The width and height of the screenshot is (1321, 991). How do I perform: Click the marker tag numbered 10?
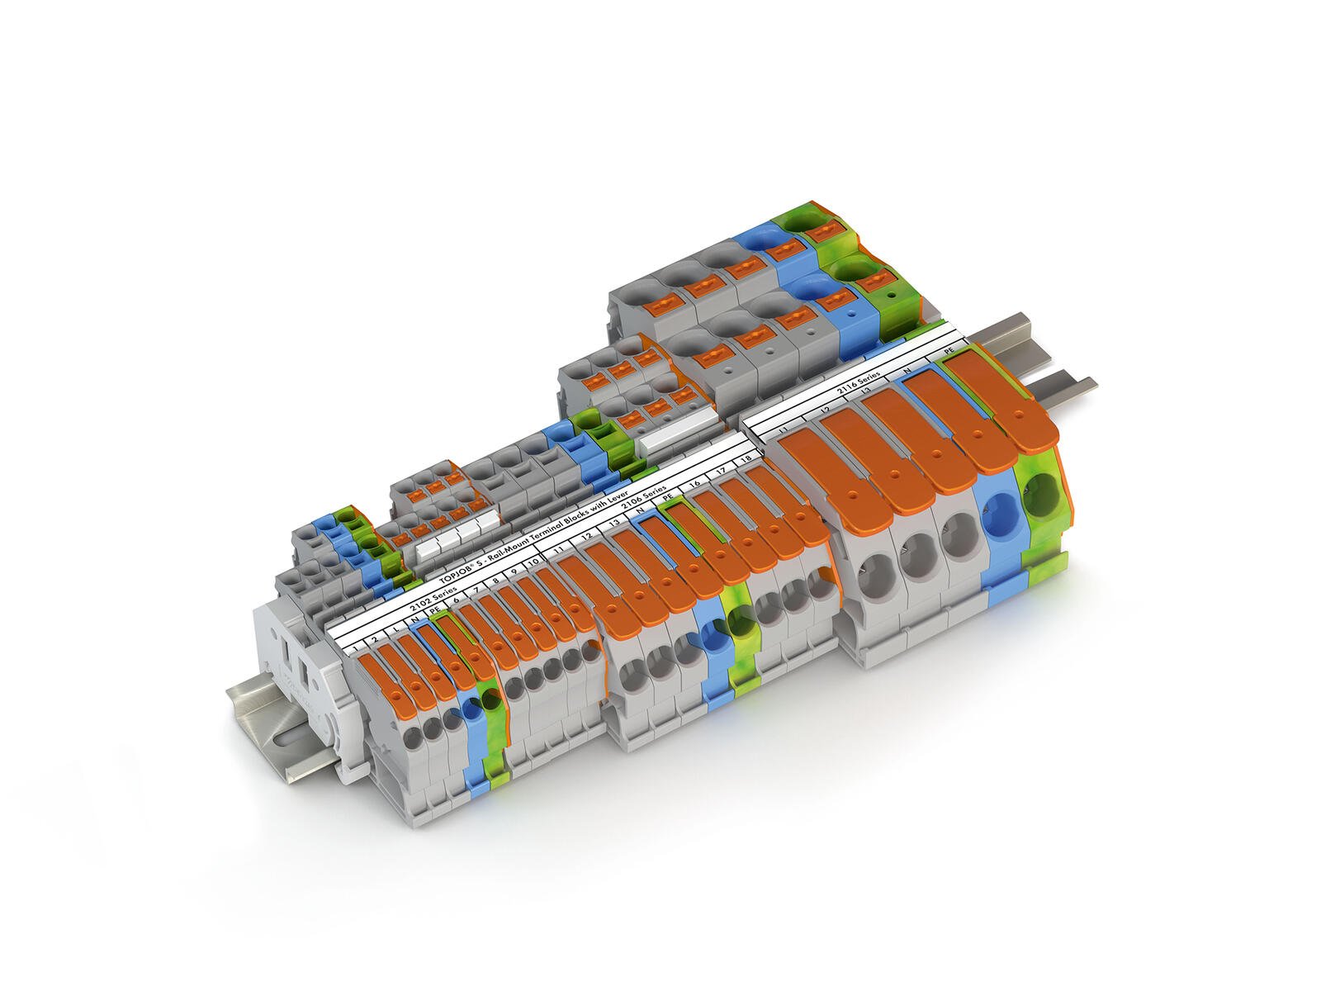(x=533, y=562)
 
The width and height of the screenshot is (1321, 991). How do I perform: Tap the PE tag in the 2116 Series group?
(x=949, y=351)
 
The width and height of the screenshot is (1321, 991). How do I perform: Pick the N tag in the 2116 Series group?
(x=907, y=371)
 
